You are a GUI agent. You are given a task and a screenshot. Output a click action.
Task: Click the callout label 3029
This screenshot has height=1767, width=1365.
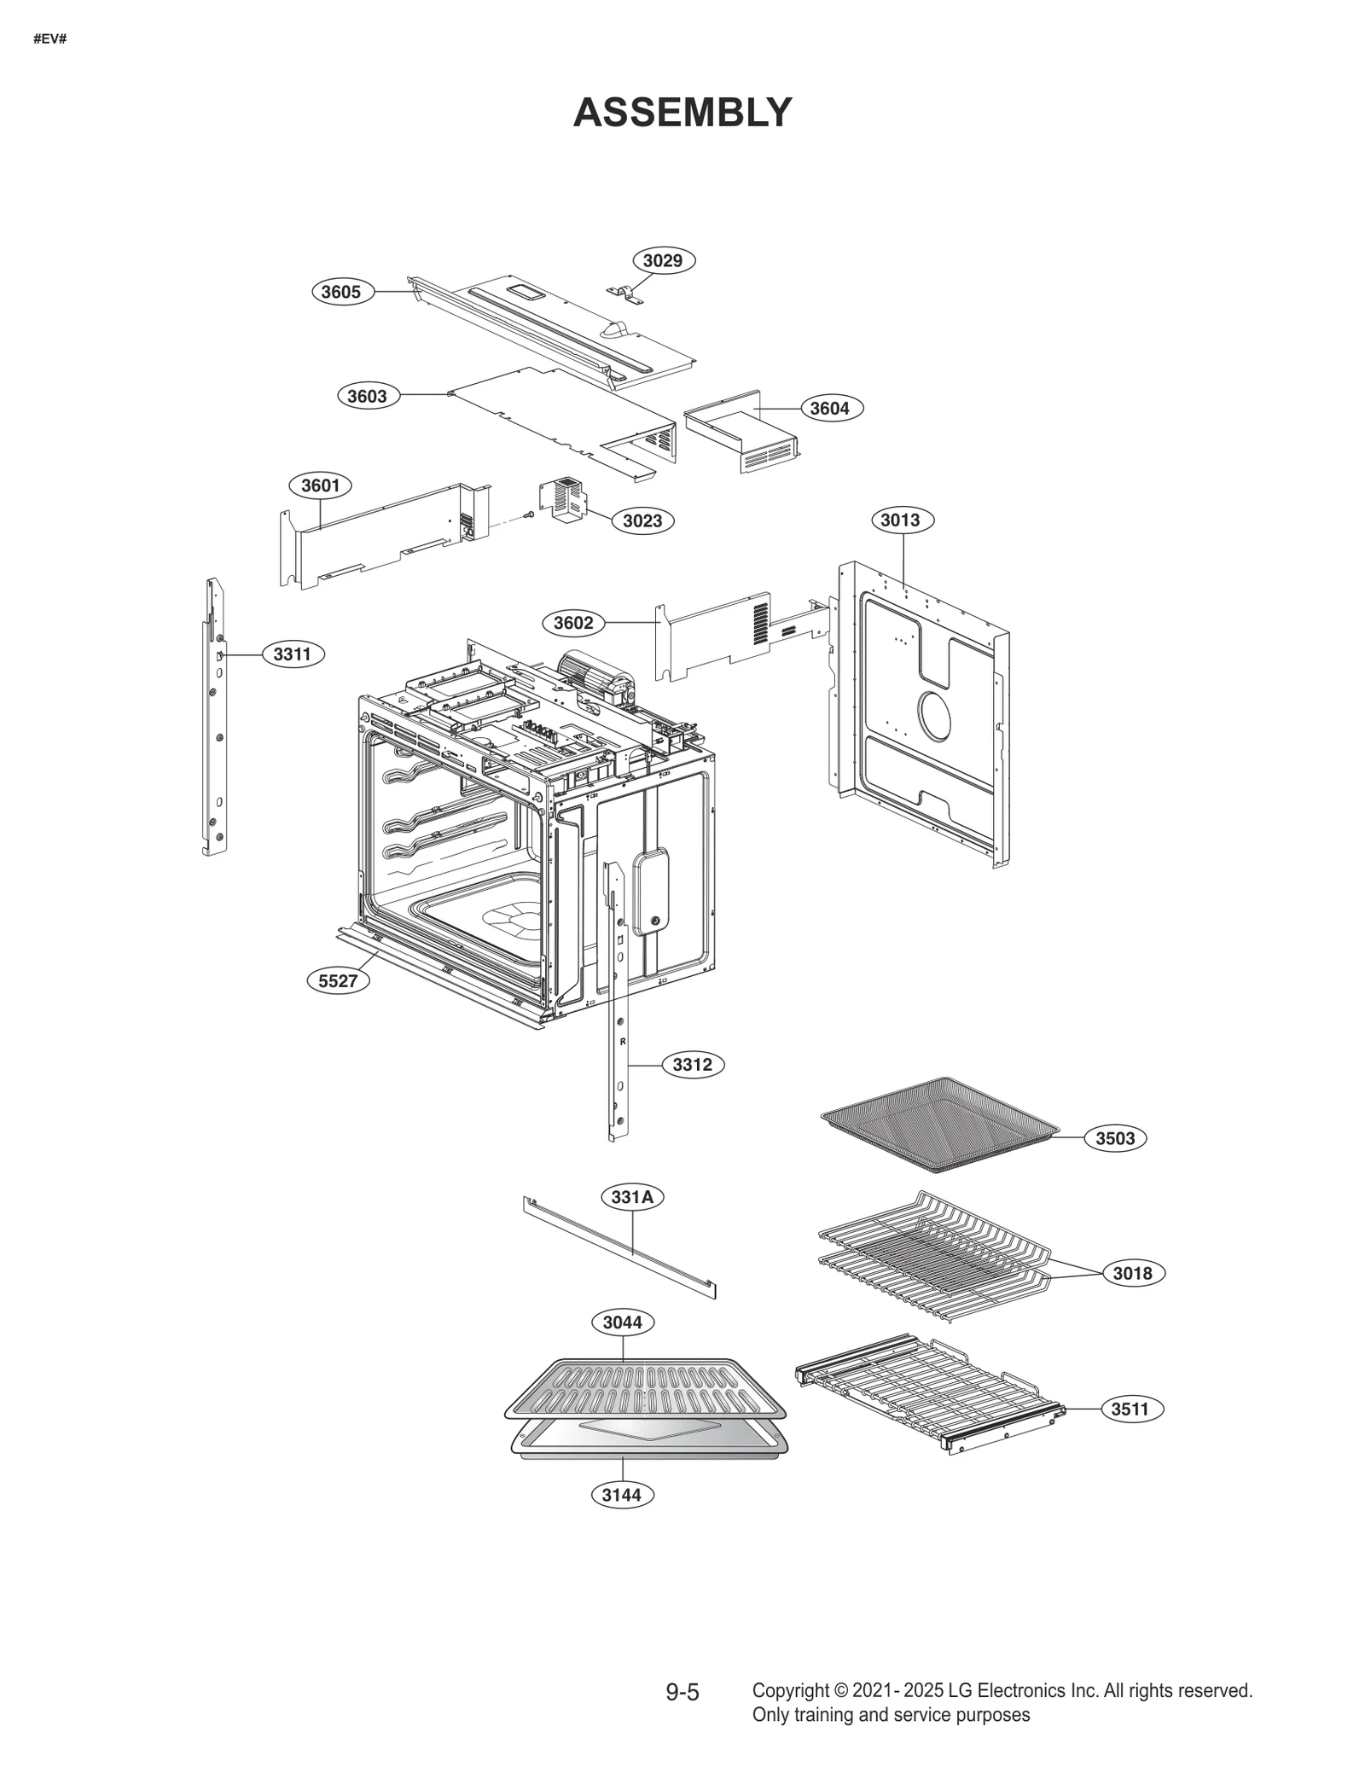(663, 260)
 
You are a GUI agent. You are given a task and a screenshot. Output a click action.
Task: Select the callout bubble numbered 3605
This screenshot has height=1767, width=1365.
(341, 292)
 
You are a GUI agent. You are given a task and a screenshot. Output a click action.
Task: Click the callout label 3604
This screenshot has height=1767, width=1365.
(830, 408)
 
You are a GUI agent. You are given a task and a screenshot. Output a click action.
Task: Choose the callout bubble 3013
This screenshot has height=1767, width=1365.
(901, 520)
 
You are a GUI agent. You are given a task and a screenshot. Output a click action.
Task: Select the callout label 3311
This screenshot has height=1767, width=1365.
(293, 654)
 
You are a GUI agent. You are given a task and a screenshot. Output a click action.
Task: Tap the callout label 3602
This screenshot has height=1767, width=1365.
(573, 623)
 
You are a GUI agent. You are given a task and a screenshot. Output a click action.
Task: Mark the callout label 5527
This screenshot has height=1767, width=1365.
(338, 980)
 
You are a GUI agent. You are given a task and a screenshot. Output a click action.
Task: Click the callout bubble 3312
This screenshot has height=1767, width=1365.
(692, 1065)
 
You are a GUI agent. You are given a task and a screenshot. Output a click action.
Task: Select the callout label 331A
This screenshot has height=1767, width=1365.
(632, 1197)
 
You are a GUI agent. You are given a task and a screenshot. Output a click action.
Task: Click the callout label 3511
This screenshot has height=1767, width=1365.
(1130, 1409)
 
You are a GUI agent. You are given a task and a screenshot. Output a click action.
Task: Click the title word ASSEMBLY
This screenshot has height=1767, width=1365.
(682, 113)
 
